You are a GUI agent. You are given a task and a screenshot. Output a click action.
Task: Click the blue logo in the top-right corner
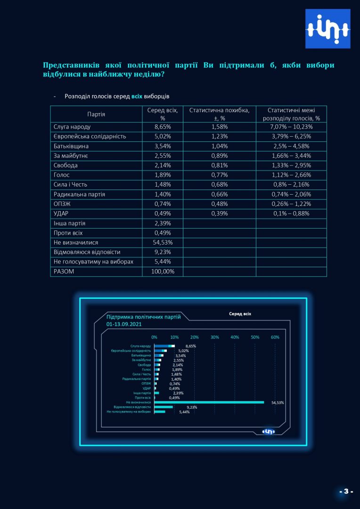pos(327,29)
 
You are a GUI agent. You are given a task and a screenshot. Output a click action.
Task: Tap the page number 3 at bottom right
pos(346,491)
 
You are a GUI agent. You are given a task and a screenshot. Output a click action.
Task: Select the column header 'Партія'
pos(96,114)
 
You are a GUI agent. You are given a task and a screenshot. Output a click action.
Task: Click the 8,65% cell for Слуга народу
pos(163,127)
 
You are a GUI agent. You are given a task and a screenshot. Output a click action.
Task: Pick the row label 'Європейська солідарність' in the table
pos(90,137)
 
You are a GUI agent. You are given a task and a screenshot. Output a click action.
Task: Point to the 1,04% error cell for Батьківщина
pos(220,146)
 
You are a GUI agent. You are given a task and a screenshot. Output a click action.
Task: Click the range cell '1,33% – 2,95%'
pos(291,165)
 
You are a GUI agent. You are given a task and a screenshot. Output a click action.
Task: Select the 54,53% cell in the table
pos(163,243)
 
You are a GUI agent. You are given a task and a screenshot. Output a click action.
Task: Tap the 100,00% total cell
pos(163,271)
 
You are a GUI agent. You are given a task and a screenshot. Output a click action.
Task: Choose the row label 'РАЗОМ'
pos(64,271)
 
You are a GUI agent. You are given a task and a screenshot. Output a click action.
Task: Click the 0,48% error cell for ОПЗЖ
pos(220,204)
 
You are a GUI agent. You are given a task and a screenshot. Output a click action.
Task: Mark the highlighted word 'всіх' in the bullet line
pos(137,97)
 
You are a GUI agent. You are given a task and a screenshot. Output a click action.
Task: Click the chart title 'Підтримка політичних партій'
pos(143,317)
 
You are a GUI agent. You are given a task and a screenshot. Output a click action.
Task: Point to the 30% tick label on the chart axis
pos(214,337)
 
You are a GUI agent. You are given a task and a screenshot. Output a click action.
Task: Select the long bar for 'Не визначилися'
pos(209,402)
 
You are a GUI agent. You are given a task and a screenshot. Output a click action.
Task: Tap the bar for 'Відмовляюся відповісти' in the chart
pos(164,407)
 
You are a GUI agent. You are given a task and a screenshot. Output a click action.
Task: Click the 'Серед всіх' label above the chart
pos(240,314)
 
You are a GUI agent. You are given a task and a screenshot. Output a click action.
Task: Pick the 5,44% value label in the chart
pos(184,412)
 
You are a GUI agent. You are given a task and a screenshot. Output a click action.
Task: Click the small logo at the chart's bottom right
pos(269,431)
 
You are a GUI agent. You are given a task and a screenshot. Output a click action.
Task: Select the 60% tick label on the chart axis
pos(275,337)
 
